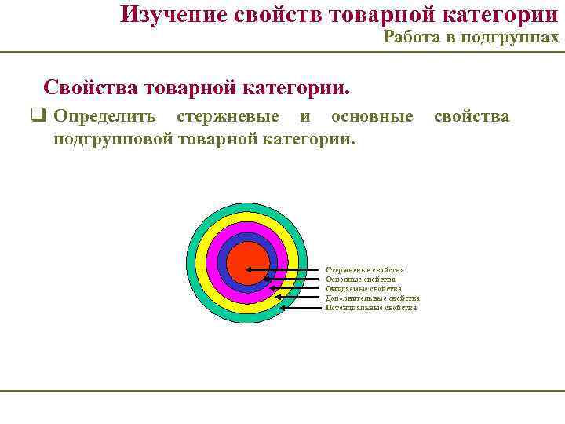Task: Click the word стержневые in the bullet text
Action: coord(228,117)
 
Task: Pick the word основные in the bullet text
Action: coord(372,117)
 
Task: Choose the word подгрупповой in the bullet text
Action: coord(114,139)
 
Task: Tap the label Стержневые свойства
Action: coord(365,269)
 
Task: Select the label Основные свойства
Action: coord(360,279)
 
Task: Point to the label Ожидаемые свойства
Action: coord(363,288)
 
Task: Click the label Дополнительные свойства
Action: coord(372,298)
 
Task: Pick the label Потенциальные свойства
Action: coord(371,308)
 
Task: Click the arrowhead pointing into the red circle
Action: coord(250,269)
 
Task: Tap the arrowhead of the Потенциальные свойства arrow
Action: coord(283,308)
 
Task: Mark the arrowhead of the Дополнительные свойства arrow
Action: coord(278,298)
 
